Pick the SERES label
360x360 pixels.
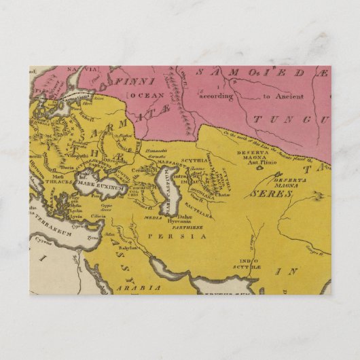pyautogui.click(x=270, y=194)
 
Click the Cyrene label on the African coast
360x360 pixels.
pyautogui.click(x=40, y=240)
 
